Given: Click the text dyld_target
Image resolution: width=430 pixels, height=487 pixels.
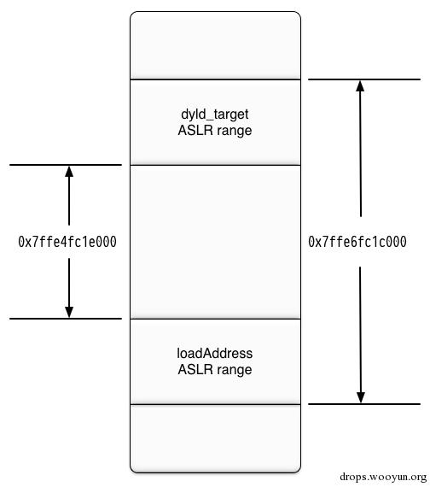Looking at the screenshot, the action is click(x=215, y=114).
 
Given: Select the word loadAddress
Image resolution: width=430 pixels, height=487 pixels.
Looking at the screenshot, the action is click(x=215, y=354).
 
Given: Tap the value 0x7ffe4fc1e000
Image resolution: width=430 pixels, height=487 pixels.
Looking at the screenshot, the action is click(x=67, y=242).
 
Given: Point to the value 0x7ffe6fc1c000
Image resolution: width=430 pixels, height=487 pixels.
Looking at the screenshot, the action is click(x=357, y=242).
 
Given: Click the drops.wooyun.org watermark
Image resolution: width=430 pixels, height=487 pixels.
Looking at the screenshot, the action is click(x=383, y=477).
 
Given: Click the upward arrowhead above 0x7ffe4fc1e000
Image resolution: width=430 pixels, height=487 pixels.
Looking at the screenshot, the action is click(x=69, y=172).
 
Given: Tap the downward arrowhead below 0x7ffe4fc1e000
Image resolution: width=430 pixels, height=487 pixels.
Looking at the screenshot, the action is click(x=69, y=312).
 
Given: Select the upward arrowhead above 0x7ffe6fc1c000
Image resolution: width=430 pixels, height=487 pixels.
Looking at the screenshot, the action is click(x=360, y=86).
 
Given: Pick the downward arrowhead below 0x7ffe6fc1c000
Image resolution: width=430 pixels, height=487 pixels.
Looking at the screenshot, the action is click(x=361, y=397).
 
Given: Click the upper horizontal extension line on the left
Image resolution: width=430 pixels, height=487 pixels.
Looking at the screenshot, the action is click(x=66, y=165).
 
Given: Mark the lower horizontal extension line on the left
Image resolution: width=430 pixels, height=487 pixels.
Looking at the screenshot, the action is click(x=66, y=319).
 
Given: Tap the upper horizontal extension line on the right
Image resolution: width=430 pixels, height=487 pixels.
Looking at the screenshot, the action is click(x=364, y=79).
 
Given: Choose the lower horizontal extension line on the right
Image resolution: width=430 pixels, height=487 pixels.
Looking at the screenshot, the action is click(x=364, y=404).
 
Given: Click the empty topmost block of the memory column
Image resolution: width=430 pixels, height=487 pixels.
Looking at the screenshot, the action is click(x=215, y=45).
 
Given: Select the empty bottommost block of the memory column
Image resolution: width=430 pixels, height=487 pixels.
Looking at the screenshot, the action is click(x=215, y=438).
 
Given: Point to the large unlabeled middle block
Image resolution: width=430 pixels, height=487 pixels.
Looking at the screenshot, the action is click(x=215, y=242).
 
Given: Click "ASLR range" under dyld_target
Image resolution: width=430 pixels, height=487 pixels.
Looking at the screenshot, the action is click(x=215, y=131).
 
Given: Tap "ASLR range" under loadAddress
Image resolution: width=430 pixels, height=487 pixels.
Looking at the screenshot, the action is click(x=215, y=370).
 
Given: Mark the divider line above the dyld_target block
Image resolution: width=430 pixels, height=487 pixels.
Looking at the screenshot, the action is click(x=215, y=79).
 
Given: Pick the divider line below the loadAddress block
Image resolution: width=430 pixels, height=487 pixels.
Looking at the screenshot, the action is click(x=215, y=404).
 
